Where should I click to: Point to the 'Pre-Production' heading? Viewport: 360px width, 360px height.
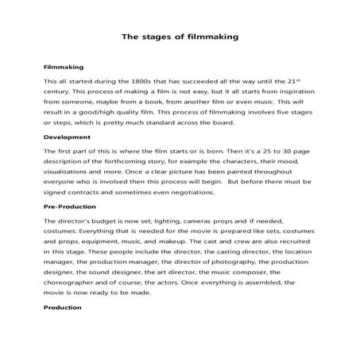click(x=72, y=207)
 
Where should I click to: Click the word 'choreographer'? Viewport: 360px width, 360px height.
click(x=74, y=281)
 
